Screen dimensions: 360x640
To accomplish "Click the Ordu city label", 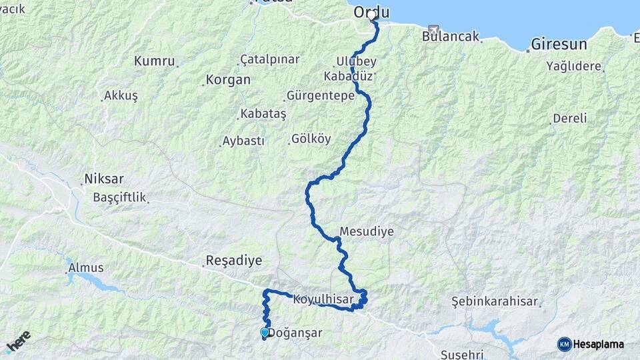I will pyautogui.click(x=371, y=12).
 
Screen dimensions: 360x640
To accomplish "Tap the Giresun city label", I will pyautogui.click(x=559, y=45).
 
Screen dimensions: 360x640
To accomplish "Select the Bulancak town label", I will pyautogui.click(x=451, y=37).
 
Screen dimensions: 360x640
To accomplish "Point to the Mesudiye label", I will pyautogui.click(x=367, y=232).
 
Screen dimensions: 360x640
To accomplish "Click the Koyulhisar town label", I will pyautogui.click(x=323, y=299).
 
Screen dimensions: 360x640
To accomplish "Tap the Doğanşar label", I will pyautogui.click(x=297, y=333).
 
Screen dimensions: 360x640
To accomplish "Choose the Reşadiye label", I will pyautogui.click(x=234, y=261).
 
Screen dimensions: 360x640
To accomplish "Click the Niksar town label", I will pyautogui.click(x=104, y=179).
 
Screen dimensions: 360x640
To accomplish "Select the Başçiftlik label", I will pyautogui.click(x=119, y=198).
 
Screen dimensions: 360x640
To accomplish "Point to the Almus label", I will pyautogui.click(x=86, y=268).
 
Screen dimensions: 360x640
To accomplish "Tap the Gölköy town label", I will pyautogui.click(x=311, y=139).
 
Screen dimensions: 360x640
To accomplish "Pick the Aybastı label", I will pyautogui.click(x=244, y=141).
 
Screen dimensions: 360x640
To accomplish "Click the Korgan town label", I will pyautogui.click(x=229, y=80).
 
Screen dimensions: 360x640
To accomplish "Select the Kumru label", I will pyautogui.click(x=155, y=61).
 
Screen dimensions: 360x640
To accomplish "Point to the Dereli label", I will pyautogui.click(x=570, y=119).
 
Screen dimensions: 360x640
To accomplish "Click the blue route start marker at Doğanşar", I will pyautogui.click(x=265, y=333).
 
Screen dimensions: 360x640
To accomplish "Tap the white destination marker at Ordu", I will pyautogui.click(x=372, y=15).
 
